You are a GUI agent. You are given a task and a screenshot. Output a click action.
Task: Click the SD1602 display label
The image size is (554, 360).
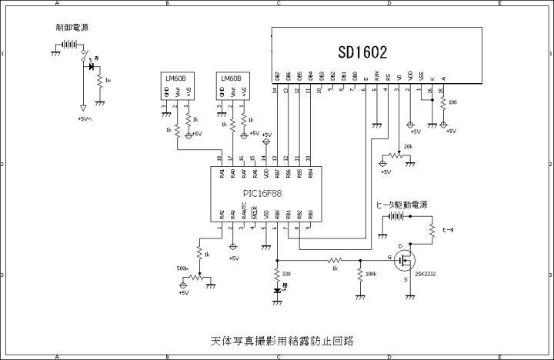(362, 52)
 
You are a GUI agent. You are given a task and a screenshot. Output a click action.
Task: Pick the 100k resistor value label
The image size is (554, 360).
(371, 274)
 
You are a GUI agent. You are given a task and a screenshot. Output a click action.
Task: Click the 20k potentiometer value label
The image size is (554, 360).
(408, 146)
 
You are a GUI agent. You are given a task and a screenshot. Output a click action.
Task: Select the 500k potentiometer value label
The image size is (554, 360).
(182, 268)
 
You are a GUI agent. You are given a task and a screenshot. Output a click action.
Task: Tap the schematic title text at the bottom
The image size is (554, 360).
(276, 339)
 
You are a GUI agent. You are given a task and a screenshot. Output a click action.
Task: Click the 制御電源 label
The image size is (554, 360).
(72, 28)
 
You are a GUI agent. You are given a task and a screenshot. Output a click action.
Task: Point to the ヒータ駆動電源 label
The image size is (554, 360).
(402, 205)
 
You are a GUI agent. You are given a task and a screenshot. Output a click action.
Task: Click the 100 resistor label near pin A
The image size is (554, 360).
(452, 102)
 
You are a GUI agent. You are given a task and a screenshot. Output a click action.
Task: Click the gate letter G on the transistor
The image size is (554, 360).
(390, 257)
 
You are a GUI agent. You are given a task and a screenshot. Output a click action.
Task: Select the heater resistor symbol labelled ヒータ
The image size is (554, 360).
(432, 229)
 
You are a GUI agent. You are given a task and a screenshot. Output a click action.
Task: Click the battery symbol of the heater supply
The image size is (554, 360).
(395, 216)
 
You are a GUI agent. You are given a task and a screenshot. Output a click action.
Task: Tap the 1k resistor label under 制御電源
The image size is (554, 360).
(108, 79)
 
